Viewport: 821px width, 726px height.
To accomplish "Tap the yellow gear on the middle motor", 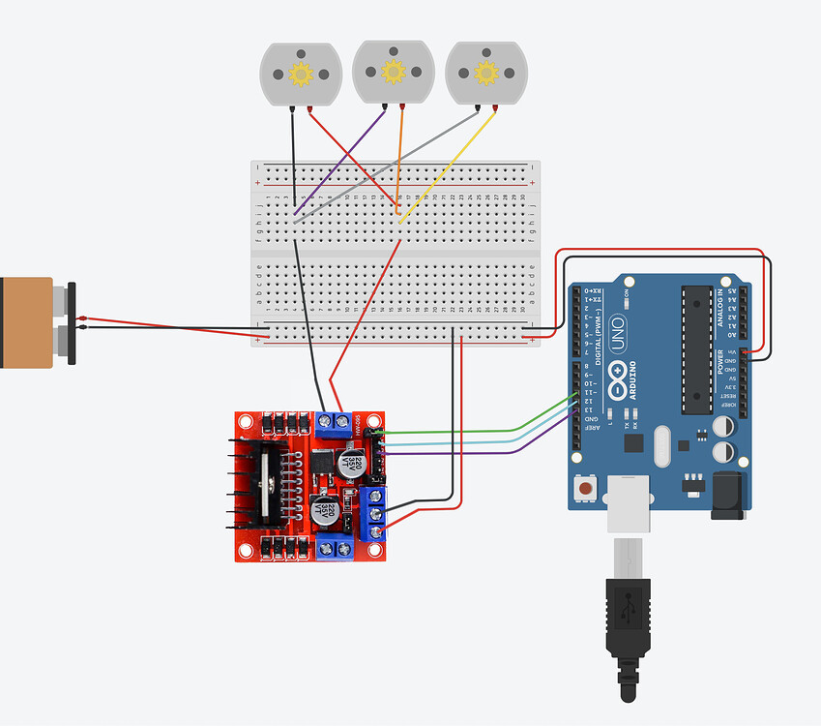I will [393, 71].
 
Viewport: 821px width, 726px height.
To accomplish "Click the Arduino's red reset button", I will [586, 490].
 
